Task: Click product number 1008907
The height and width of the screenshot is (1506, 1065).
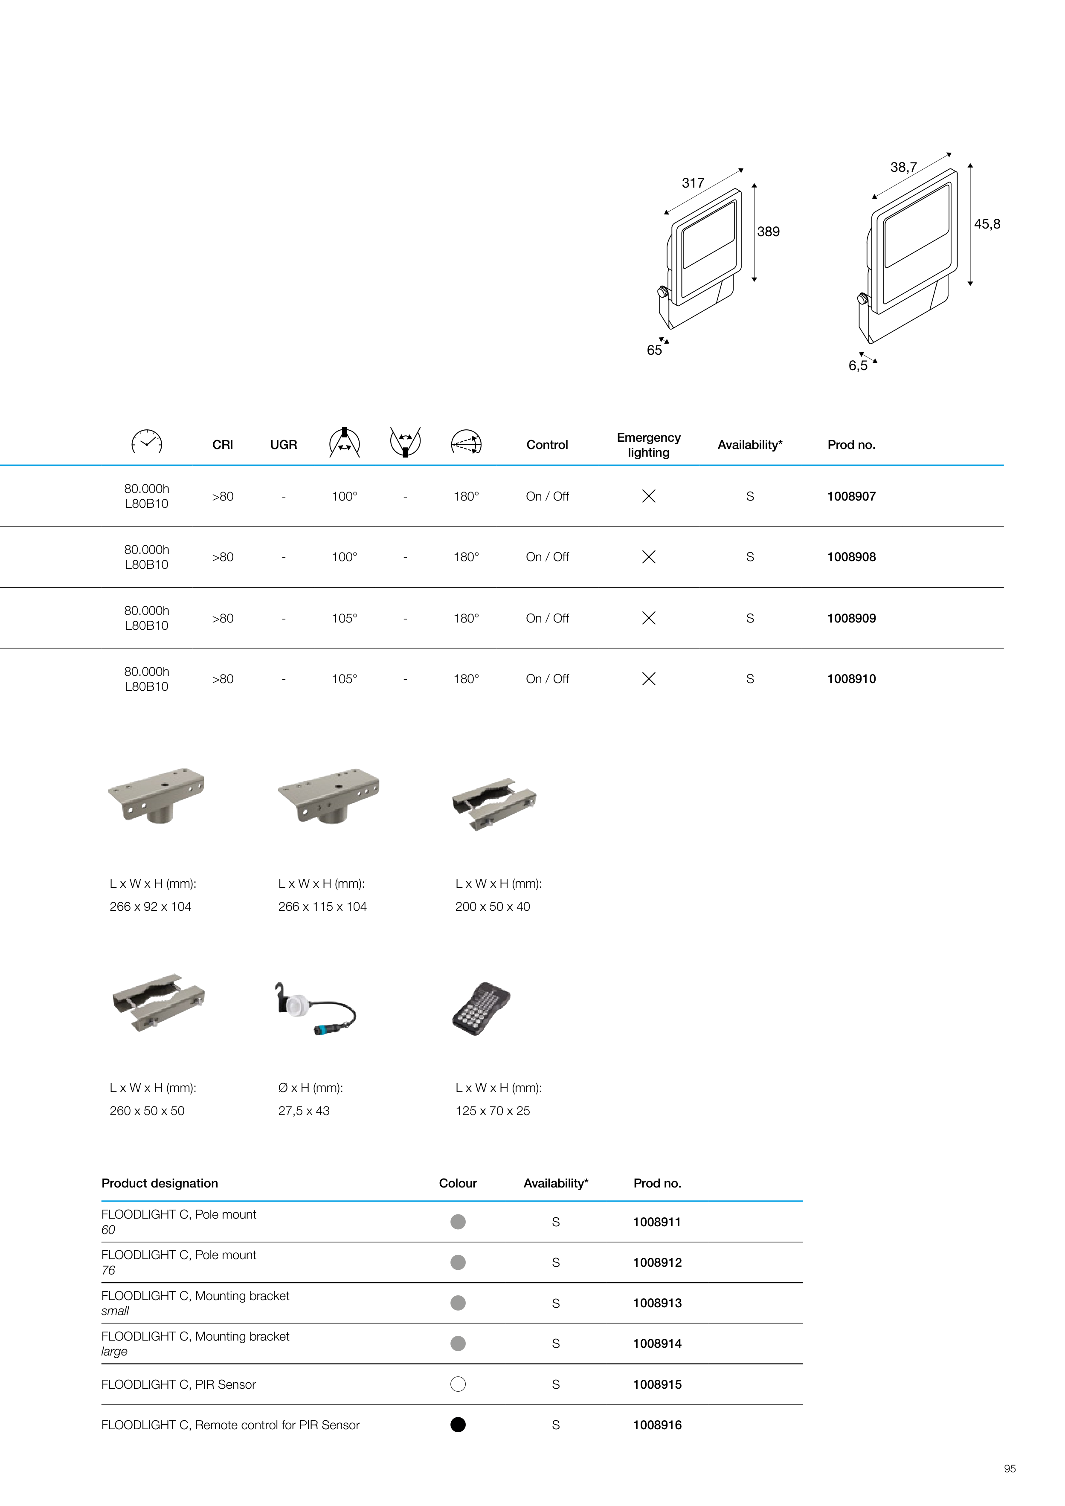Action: tap(851, 497)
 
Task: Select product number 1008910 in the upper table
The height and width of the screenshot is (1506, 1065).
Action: tap(851, 679)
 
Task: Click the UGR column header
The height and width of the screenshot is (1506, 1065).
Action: tap(284, 445)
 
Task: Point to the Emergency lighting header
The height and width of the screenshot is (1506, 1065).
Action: tap(648, 445)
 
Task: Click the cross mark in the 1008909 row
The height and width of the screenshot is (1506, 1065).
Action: tap(648, 618)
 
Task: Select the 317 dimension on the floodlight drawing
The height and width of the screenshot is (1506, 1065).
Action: tap(693, 183)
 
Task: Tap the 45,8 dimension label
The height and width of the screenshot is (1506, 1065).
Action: tap(987, 224)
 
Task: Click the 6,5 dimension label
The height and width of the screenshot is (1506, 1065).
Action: tap(858, 365)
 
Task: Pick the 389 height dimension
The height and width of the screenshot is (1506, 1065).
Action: tap(769, 232)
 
